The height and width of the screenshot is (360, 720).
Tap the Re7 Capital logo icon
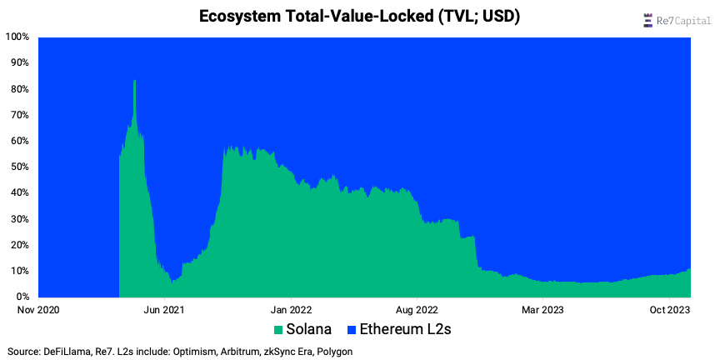(x=647, y=20)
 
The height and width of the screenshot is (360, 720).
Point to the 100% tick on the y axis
(x=17, y=37)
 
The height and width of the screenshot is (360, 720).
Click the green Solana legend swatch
(x=277, y=330)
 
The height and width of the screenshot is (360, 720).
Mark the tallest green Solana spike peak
(x=134, y=81)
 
